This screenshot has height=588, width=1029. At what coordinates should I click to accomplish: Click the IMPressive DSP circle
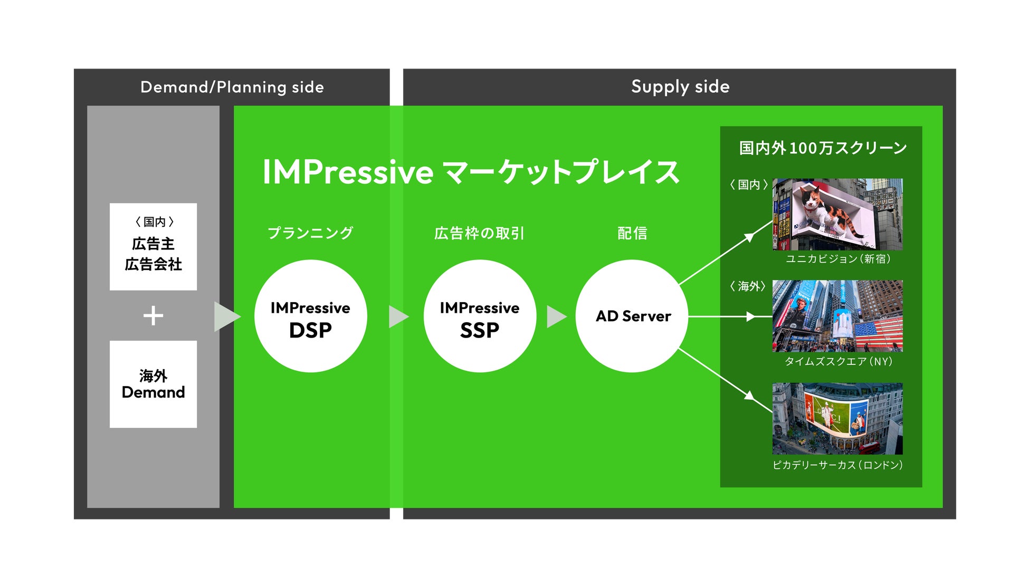tap(310, 316)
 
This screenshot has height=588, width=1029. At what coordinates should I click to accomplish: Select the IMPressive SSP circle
tap(479, 316)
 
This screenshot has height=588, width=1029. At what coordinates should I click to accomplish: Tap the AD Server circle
tap(632, 316)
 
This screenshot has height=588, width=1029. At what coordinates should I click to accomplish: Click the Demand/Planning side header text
tap(232, 87)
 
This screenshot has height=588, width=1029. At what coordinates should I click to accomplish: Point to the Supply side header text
tap(680, 86)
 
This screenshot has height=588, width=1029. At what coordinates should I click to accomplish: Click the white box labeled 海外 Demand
tap(153, 384)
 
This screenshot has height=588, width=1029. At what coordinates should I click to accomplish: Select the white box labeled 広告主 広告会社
tap(153, 246)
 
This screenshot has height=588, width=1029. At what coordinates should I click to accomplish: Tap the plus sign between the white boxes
tap(153, 316)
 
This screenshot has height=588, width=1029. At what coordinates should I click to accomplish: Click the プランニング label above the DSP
tap(310, 233)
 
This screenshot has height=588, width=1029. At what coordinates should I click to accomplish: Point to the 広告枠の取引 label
tap(479, 233)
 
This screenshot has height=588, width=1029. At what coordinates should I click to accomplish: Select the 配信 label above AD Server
tap(632, 233)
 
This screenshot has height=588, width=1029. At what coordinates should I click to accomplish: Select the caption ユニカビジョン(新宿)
tap(838, 259)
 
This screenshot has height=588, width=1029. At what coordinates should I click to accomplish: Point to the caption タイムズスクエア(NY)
tap(838, 362)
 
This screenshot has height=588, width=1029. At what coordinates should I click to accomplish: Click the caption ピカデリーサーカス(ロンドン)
tap(837, 465)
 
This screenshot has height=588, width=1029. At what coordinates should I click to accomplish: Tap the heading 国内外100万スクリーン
tap(822, 148)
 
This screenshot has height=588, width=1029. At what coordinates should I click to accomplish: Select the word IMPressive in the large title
tap(348, 172)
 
